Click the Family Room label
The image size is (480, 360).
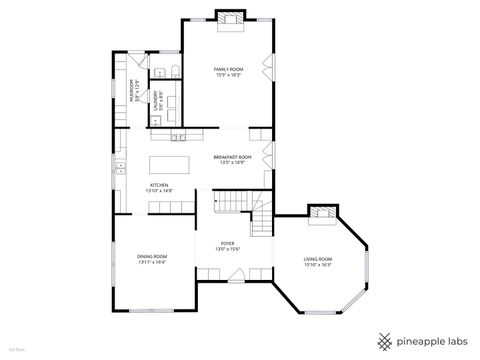(x=228, y=69)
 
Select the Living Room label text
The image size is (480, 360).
(x=317, y=260)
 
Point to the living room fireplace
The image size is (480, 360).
(x=320, y=212)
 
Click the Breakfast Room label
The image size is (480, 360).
(x=230, y=157)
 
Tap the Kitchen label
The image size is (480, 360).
(x=159, y=185)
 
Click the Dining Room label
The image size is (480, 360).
(x=152, y=257)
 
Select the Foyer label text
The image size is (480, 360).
(x=227, y=243)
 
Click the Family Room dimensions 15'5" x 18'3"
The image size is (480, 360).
(x=228, y=75)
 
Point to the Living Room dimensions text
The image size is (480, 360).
(x=317, y=266)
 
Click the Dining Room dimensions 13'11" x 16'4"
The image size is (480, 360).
(x=152, y=263)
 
